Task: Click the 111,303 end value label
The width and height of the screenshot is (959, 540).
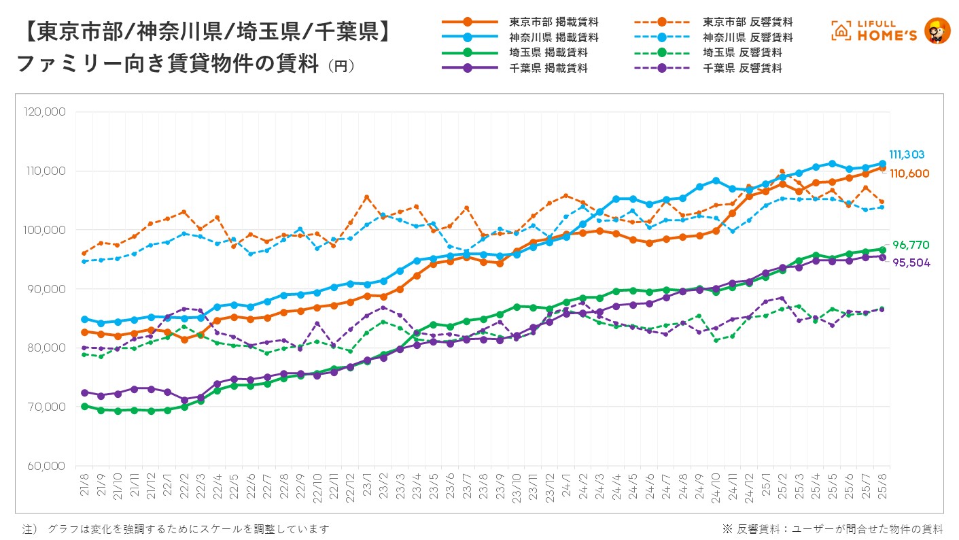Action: pos(907,154)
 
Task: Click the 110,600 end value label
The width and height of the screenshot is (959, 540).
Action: pos(909,173)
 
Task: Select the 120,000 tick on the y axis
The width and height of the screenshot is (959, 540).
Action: pos(44,112)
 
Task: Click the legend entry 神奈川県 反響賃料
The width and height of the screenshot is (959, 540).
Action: pos(748,37)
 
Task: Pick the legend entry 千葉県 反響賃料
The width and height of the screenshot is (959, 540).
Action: pos(742,68)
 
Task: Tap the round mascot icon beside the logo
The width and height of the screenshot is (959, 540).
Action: pos(937,31)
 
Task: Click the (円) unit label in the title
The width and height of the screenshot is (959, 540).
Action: pos(341,66)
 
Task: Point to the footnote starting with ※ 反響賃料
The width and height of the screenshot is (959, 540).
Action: pos(832,529)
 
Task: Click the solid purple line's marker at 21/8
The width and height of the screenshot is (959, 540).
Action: pos(84,392)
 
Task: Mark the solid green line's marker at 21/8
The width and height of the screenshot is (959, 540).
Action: pos(84,406)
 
